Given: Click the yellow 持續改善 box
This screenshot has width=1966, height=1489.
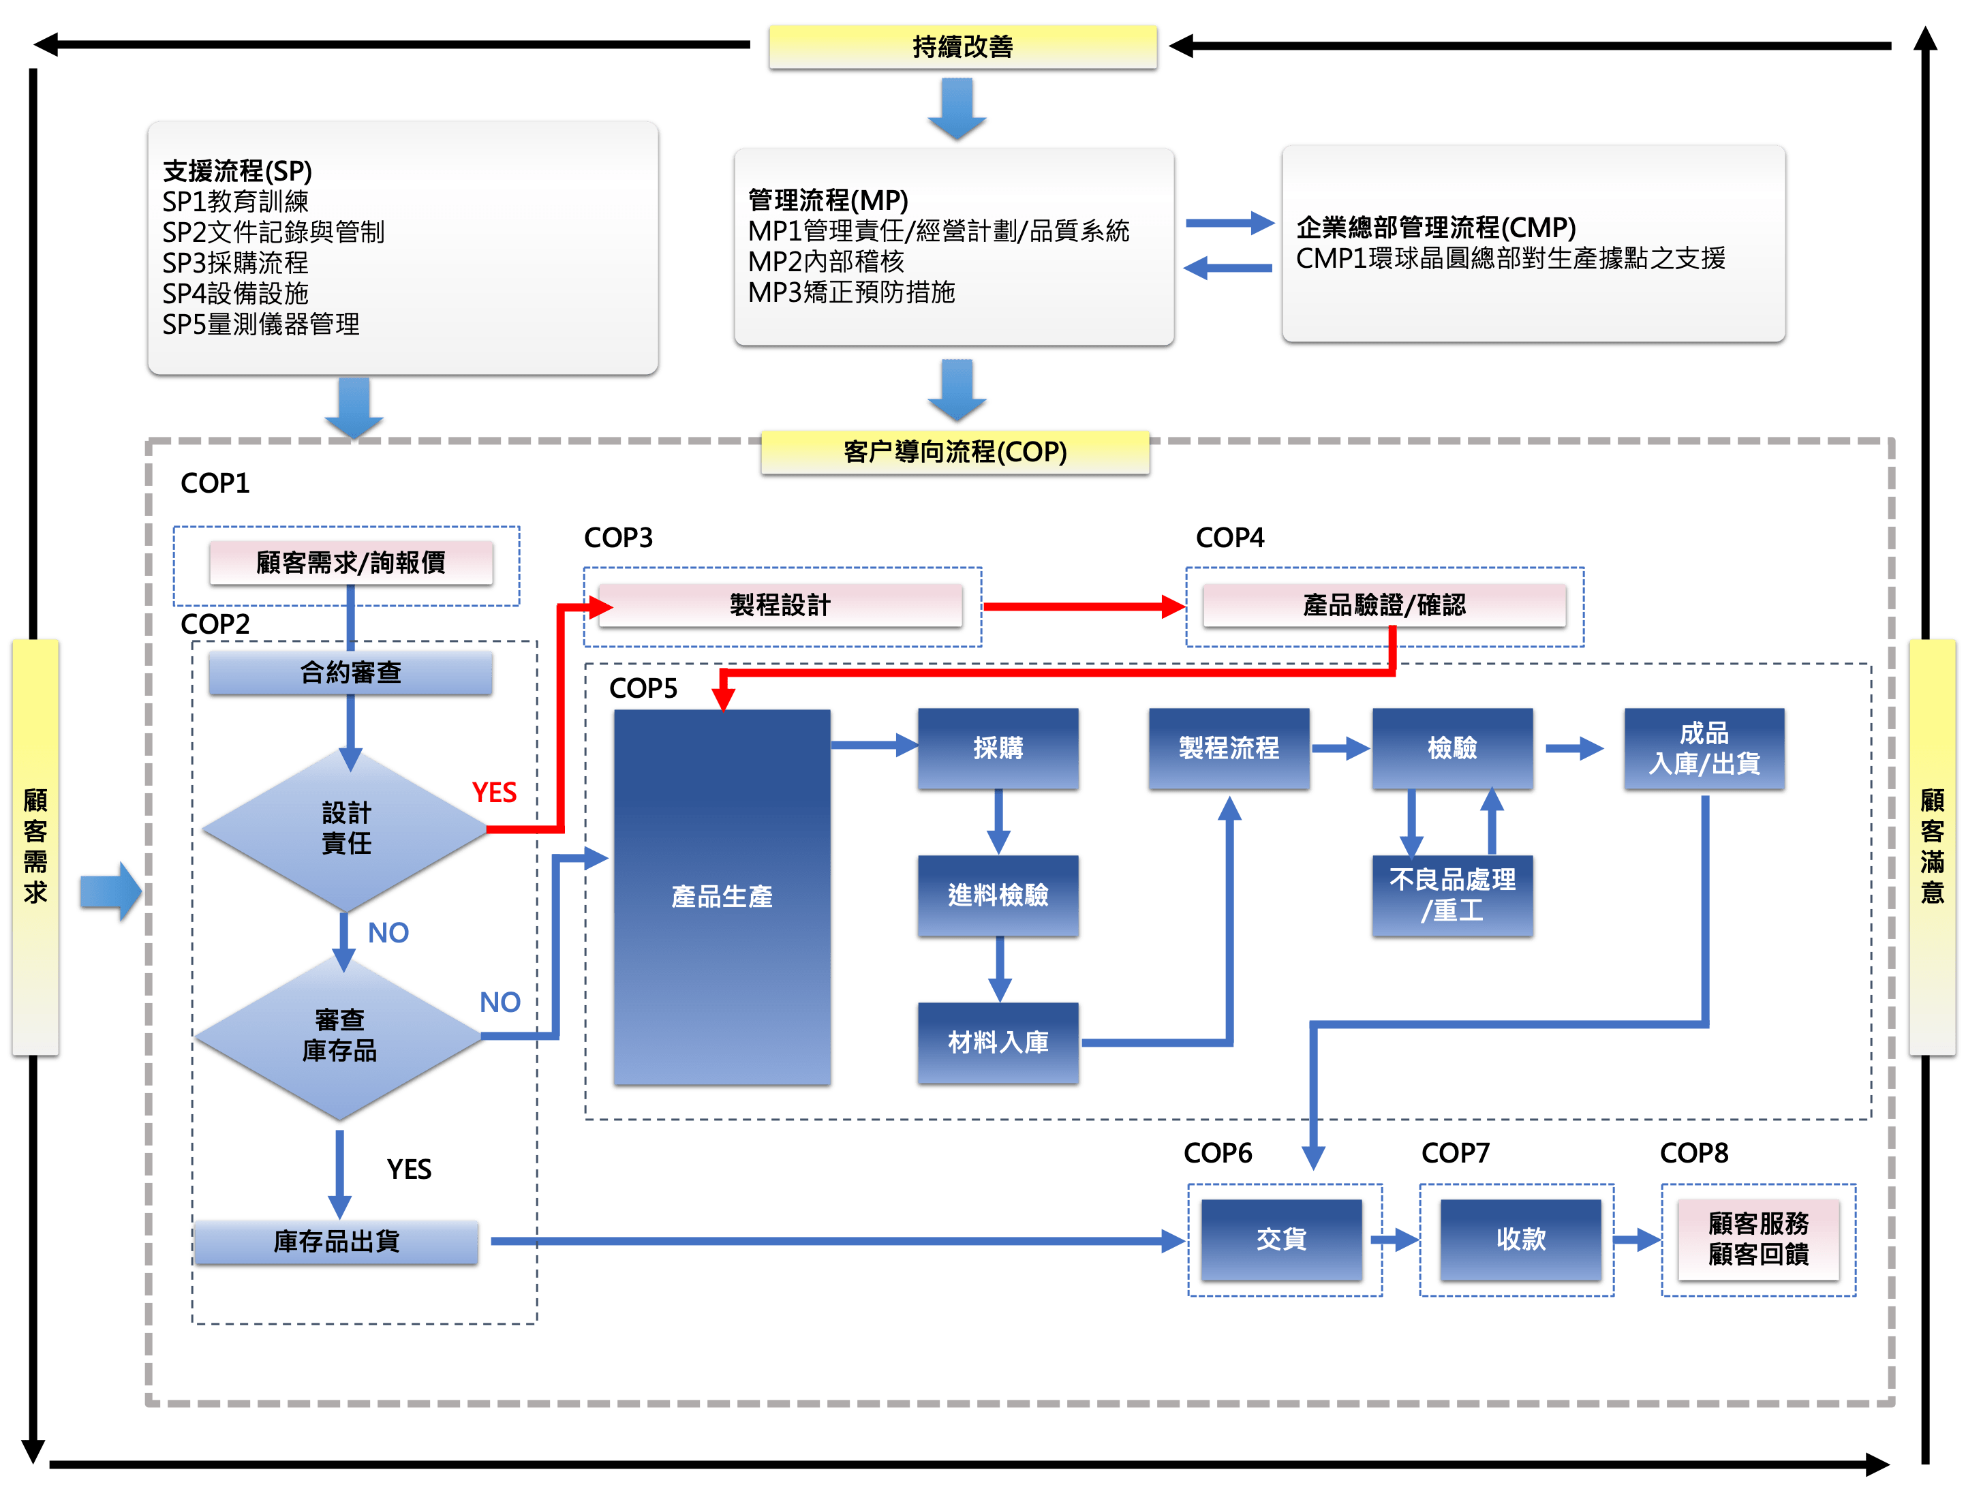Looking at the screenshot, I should click(x=963, y=48).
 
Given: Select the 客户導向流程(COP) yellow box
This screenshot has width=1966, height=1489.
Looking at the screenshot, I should click(x=955, y=453).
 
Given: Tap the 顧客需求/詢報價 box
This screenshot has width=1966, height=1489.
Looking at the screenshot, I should click(x=350, y=564).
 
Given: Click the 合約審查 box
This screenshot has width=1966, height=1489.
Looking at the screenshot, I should click(x=350, y=673).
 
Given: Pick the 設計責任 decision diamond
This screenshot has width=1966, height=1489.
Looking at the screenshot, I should click(x=345, y=829).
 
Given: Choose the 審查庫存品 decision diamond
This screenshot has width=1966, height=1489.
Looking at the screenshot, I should click(x=339, y=1037).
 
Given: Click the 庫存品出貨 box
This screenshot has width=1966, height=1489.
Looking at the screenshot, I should click(x=337, y=1242).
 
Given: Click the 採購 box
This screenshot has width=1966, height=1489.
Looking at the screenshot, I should click(x=998, y=748).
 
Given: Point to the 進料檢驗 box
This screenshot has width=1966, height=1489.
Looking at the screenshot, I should click(x=998, y=896).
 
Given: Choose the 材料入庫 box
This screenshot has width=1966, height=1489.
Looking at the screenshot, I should click(x=998, y=1043).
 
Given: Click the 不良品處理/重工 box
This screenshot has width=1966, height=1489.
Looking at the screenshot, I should click(x=1452, y=896).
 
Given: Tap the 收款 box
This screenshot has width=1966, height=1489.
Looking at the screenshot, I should click(x=1521, y=1240).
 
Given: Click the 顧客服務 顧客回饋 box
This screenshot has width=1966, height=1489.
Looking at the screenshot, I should click(x=1758, y=1240).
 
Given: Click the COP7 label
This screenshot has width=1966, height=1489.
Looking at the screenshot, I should click(x=1455, y=1154).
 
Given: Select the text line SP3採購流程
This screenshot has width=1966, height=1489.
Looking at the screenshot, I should click(x=236, y=263).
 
